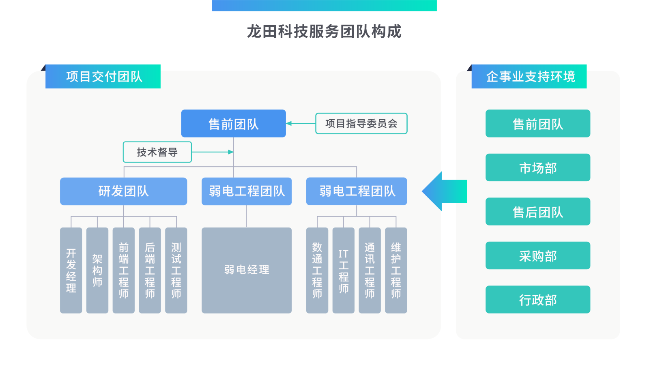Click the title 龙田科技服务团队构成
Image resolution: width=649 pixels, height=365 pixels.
point(324,32)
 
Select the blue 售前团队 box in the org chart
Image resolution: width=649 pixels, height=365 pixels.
point(233,124)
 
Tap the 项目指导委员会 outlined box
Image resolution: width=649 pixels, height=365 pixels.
point(361,124)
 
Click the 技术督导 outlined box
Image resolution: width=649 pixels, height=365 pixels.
point(157,152)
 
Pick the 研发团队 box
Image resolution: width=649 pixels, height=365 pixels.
point(123,191)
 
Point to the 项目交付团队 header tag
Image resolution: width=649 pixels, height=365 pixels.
point(103,77)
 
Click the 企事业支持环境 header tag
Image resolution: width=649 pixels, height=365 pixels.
point(529,77)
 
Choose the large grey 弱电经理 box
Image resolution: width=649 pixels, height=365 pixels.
point(246,270)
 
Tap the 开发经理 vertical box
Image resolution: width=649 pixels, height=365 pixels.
point(71,270)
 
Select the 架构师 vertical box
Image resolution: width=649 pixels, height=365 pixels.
point(97,270)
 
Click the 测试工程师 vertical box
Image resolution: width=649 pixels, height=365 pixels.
point(176,270)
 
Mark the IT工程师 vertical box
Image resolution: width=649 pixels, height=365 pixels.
point(343,270)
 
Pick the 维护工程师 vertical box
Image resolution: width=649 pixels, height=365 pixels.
point(396,270)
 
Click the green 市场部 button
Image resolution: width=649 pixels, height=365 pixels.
point(537,167)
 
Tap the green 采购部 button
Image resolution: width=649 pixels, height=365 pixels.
point(537,255)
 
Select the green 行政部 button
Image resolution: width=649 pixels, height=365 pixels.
point(537,300)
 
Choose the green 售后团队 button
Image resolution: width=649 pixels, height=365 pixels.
point(537,212)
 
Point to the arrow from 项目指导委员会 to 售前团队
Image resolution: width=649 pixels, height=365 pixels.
point(301,123)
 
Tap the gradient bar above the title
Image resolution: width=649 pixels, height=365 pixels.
point(324,5)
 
